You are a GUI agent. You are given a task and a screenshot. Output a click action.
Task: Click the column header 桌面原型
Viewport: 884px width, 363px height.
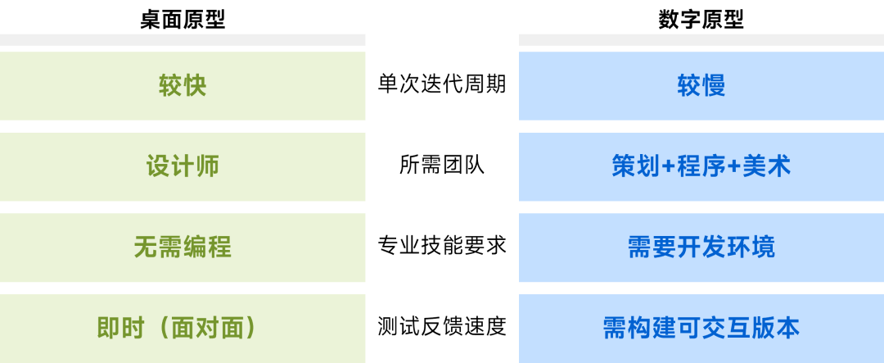pyautogui.click(x=182, y=20)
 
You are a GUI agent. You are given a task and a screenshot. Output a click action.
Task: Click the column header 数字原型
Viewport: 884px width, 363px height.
pyautogui.click(x=701, y=20)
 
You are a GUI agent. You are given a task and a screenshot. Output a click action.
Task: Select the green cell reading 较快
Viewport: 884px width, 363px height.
pyautogui.click(x=182, y=86)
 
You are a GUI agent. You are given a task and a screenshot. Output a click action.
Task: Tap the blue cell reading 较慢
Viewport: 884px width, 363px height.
pyautogui.click(x=701, y=86)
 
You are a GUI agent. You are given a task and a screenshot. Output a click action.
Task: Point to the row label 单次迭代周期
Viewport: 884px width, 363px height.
pyautogui.click(x=442, y=84)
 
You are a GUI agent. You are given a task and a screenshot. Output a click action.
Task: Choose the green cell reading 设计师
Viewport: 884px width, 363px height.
pyautogui.click(x=182, y=166)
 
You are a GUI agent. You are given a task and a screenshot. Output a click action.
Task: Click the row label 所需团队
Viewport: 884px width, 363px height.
pyautogui.click(x=442, y=166)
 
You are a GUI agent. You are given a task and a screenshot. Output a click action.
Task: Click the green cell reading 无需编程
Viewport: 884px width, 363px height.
pyautogui.click(x=182, y=247)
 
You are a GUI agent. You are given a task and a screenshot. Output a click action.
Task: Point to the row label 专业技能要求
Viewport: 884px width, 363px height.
pyautogui.click(x=442, y=246)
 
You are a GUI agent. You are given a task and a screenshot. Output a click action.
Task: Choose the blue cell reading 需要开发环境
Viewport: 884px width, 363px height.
pyautogui.click(x=701, y=247)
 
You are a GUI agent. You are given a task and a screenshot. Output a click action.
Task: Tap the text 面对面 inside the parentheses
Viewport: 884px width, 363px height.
pyautogui.click(x=206, y=328)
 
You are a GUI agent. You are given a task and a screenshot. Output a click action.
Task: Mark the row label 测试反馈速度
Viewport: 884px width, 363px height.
pyautogui.click(x=442, y=327)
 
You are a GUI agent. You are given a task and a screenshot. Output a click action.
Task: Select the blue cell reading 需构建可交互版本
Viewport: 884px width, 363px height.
pyautogui.click(x=701, y=328)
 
